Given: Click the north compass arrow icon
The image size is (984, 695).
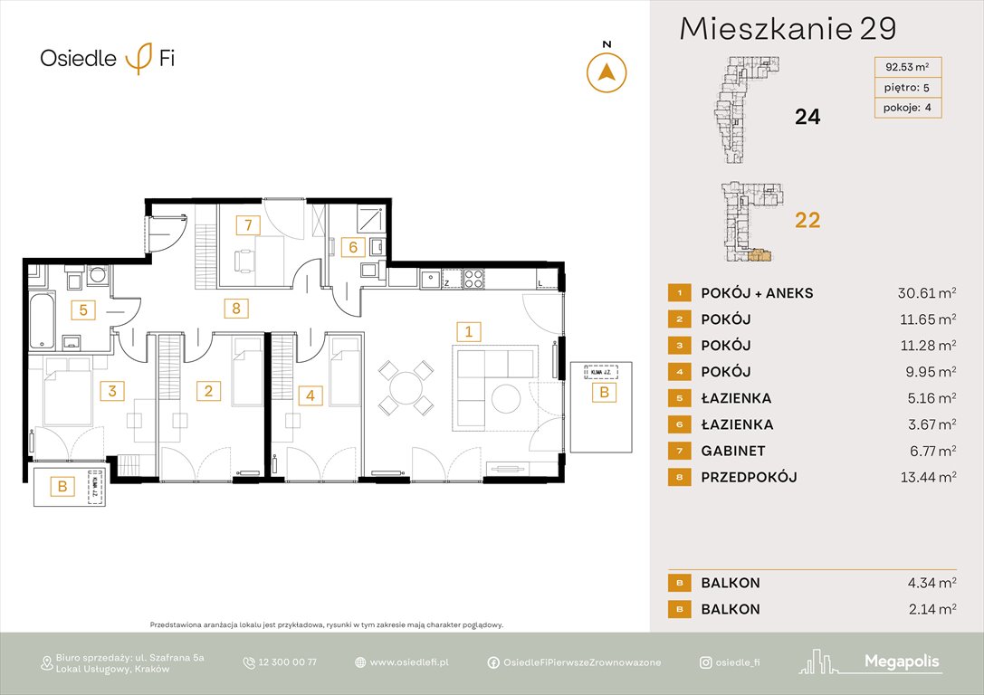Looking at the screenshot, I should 607,72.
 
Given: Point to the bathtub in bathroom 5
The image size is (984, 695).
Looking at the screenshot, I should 39,319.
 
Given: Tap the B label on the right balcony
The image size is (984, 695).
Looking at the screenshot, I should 604,393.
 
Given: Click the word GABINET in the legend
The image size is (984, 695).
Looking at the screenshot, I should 732,451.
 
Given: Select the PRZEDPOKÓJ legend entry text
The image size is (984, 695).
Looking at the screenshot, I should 749,477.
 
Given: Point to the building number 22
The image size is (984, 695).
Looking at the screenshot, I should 807,219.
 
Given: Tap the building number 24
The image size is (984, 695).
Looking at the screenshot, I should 807,116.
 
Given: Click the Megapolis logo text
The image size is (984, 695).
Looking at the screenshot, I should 902,662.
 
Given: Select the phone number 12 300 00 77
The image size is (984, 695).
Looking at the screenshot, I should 289,662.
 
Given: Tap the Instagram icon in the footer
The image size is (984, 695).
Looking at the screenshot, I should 705,662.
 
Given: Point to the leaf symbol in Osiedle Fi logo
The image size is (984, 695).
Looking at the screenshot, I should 139,59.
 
